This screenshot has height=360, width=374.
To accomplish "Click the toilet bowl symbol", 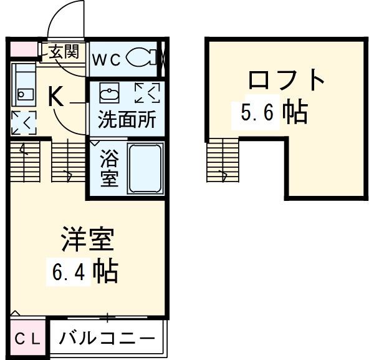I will click(x=141, y=58).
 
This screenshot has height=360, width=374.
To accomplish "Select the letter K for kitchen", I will click(x=55, y=96).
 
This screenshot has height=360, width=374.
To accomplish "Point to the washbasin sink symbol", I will click(x=108, y=94).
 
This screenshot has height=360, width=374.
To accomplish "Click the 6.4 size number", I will click(x=65, y=273).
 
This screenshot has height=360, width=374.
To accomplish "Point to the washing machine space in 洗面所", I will click(x=147, y=93).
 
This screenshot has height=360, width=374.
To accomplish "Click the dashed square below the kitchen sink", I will click(x=24, y=122).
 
